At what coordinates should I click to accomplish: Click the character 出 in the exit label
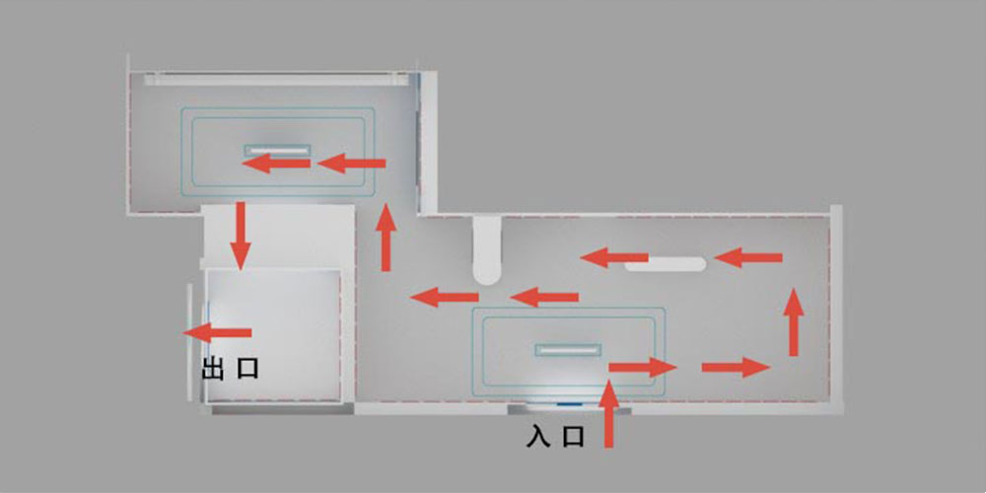click(213, 369)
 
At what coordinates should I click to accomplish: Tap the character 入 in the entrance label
click(539, 437)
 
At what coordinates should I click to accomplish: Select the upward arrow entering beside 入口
click(608, 414)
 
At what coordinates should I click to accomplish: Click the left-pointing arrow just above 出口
click(218, 332)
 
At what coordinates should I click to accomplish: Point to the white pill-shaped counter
click(666, 264)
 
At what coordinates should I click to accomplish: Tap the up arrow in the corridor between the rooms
click(387, 237)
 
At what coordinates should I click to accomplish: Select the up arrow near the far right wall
click(794, 322)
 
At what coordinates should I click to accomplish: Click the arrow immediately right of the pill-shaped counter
click(748, 257)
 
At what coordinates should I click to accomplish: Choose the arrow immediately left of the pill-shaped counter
click(613, 257)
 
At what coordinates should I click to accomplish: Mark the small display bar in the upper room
click(277, 150)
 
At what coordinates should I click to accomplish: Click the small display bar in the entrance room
click(568, 350)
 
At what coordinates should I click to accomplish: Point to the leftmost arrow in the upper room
click(276, 164)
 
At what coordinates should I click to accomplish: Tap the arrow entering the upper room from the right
click(352, 164)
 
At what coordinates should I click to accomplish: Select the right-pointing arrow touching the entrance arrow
click(642, 367)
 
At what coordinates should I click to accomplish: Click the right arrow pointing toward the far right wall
click(736, 367)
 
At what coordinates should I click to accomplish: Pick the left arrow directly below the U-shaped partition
click(544, 297)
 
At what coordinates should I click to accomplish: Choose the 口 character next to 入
click(573, 437)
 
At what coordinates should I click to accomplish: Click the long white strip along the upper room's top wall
click(275, 80)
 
